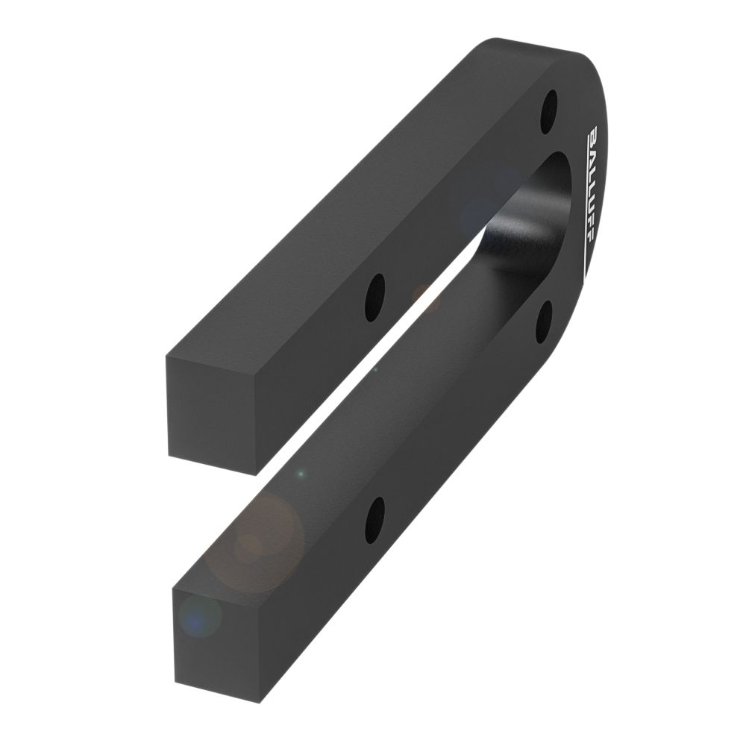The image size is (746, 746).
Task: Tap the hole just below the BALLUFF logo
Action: click(x=544, y=322)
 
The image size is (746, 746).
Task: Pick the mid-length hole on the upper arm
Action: click(x=374, y=298)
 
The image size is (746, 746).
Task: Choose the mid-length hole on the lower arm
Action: click(x=374, y=520)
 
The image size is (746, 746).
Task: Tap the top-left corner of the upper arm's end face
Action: click(x=166, y=357)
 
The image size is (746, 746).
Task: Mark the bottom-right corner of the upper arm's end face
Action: click(x=257, y=474)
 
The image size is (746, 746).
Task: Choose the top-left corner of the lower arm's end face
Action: click(x=172, y=588)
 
